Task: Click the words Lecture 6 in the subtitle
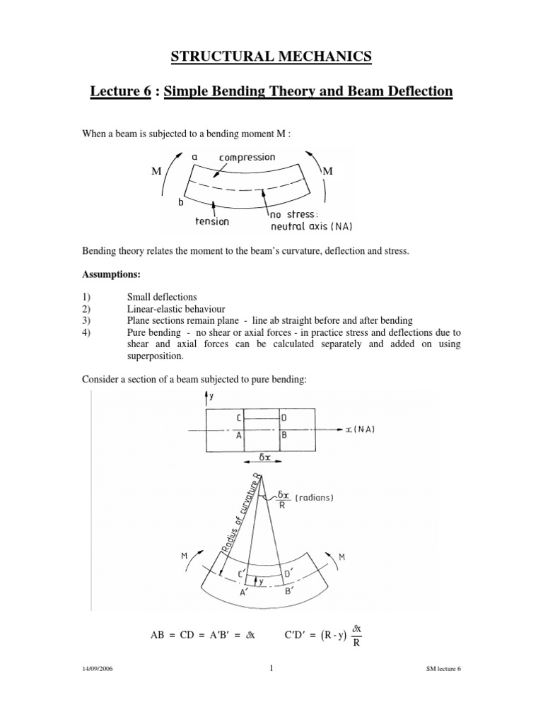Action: point(122,92)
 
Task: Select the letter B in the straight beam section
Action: point(284,436)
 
